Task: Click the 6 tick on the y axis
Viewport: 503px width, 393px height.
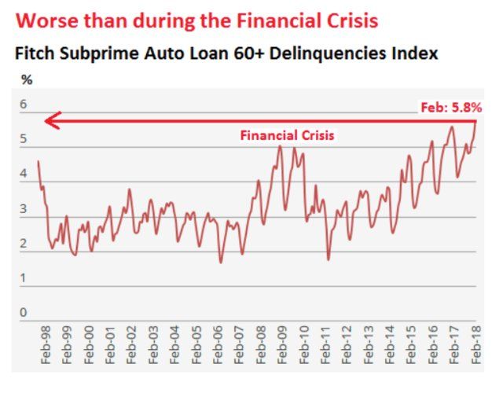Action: coord(23,105)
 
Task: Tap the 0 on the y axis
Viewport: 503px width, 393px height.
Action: coord(23,313)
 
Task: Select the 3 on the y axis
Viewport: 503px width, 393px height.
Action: coord(23,209)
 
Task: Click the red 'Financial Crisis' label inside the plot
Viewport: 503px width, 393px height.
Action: coord(287,135)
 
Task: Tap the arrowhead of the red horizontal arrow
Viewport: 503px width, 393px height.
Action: coord(49,120)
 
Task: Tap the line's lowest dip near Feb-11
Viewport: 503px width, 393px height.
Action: coord(329,259)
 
